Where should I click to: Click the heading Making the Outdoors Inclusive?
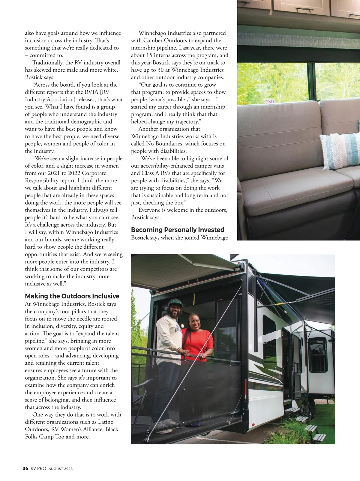pos(72,296)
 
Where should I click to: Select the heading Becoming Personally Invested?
pos(178,230)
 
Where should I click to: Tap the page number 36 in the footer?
pos(25,468)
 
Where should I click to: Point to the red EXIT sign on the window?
pos(270,102)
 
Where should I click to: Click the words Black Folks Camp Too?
pos(72,433)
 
